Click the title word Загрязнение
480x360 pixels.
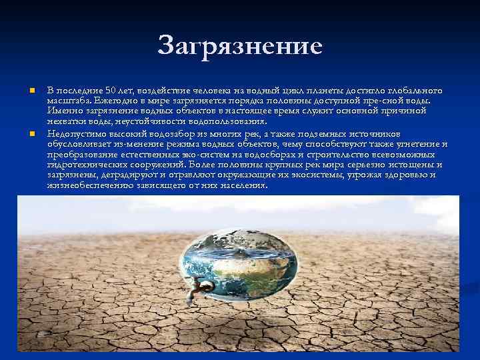(240, 46)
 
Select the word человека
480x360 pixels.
(212, 90)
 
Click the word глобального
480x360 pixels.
(414, 90)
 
